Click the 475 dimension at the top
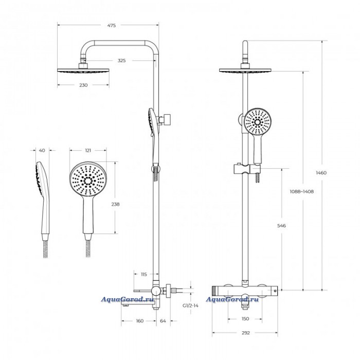tap(112, 26)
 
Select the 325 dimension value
tap(122, 61)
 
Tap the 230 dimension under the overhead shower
tap(83, 85)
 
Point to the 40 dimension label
tap(42, 150)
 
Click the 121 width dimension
tap(88, 150)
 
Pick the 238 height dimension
tap(115, 204)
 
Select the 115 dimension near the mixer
tap(143, 274)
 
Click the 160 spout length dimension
tap(139, 321)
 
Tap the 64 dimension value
tap(163, 321)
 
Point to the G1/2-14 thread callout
tap(190, 305)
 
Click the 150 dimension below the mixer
tap(245, 319)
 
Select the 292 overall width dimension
tap(246, 333)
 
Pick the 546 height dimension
tap(281, 226)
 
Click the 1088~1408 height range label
tap(302, 191)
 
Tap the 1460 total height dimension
tap(321, 173)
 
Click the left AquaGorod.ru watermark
tap(128, 299)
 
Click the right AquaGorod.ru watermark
tap(232, 299)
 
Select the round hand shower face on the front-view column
tap(258, 122)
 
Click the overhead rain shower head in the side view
tap(83, 70)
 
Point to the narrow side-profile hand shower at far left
tap(43, 198)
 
